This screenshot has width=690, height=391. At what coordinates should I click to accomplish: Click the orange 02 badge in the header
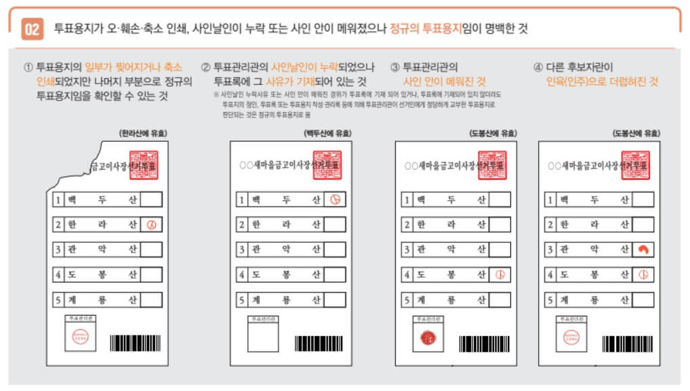(x=32, y=29)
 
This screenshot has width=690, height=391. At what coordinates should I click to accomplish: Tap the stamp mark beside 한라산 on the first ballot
(x=151, y=225)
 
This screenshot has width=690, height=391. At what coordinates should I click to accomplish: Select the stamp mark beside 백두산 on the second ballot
(x=335, y=200)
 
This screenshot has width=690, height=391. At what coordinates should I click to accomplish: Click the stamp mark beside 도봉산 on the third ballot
(x=500, y=275)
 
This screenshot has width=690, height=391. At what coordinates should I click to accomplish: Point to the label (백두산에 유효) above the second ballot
(x=328, y=134)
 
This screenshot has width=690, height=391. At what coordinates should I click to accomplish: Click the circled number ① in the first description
(x=28, y=67)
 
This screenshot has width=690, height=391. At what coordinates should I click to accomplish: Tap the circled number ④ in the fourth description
(x=538, y=67)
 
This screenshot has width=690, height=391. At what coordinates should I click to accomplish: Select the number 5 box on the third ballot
(x=406, y=299)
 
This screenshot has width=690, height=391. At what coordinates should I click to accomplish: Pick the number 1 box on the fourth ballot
(x=550, y=200)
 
